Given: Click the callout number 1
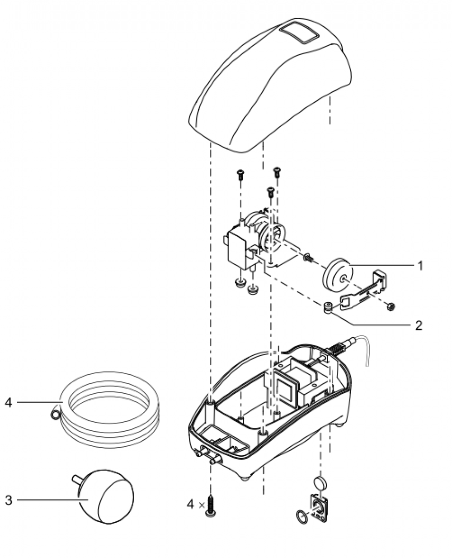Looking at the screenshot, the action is click(420, 266).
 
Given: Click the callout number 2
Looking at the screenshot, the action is click(419, 325).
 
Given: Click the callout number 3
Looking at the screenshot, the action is click(9, 501).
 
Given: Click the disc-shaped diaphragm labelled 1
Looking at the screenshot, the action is click(338, 274).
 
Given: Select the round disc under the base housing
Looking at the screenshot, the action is click(320, 483).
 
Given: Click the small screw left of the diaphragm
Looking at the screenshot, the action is click(308, 258).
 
